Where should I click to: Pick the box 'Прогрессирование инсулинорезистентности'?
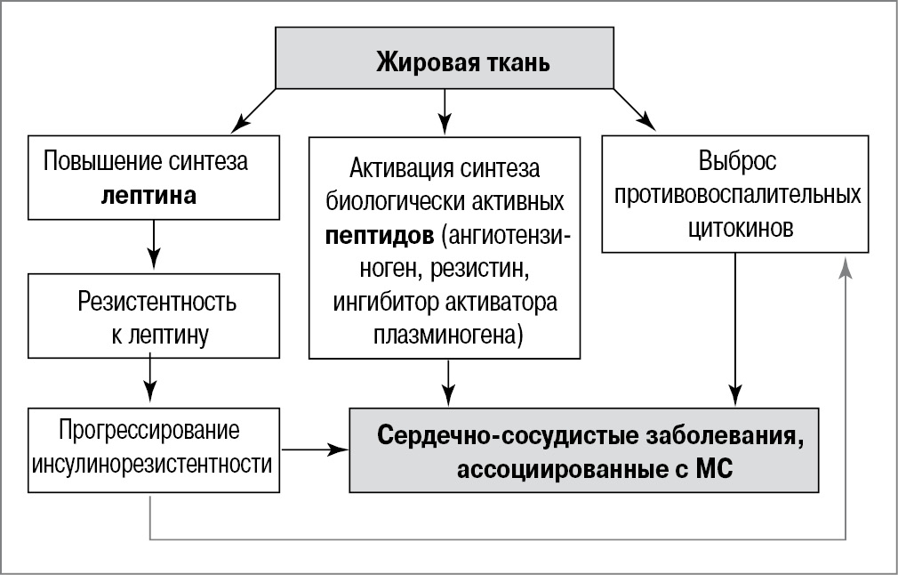154,449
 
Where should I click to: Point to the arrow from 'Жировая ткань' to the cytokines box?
633,109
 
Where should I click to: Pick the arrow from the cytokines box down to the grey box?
734,329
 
